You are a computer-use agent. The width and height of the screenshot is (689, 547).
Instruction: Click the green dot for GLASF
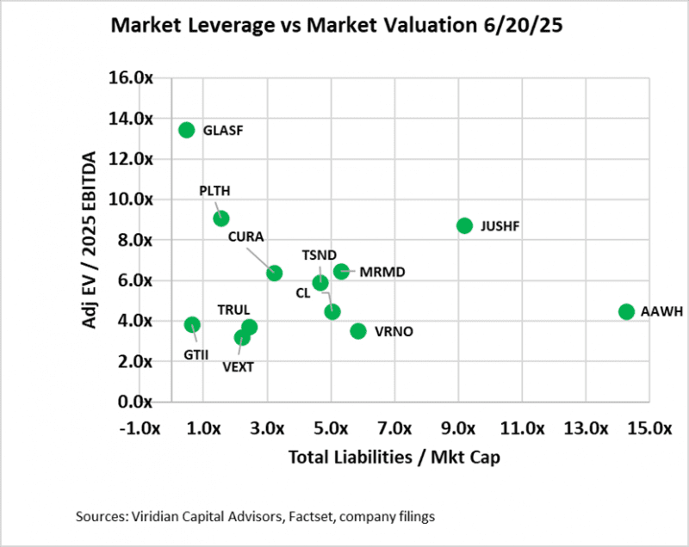pyautogui.click(x=186, y=130)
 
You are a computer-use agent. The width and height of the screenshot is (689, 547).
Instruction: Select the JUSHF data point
pyautogui.click(x=465, y=225)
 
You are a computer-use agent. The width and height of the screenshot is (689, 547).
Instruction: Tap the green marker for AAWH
pyautogui.click(x=626, y=311)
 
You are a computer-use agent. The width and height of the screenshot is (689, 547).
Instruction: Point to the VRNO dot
pyautogui.click(x=358, y=331)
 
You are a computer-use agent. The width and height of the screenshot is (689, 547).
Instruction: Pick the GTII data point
pyautogui.click(x=192, y=325)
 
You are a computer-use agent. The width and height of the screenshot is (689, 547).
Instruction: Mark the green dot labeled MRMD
pyautogui.click(x=341, y=271)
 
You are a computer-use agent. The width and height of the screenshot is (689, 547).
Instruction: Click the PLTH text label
pyautogui.click(x=214, y=191)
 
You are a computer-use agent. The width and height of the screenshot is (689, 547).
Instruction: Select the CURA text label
pyautogui.click(x=246, y=237)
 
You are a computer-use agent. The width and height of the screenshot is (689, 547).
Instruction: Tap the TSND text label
pyautogui.click(x=320, y=255)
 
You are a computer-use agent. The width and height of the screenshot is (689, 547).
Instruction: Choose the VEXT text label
pyautogui.click(x=238, y=366)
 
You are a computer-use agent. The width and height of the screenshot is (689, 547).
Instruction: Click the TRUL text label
pyautogui.click(x=233, y=309)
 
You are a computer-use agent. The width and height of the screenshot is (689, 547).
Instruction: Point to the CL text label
pyautogui.click(x=302, y=292)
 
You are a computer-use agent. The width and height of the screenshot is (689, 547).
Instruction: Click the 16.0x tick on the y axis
pyautogui.click(x=133, y=78)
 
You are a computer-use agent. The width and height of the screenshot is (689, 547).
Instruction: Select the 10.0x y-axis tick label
pyautogui.click(x=133, y=200)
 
